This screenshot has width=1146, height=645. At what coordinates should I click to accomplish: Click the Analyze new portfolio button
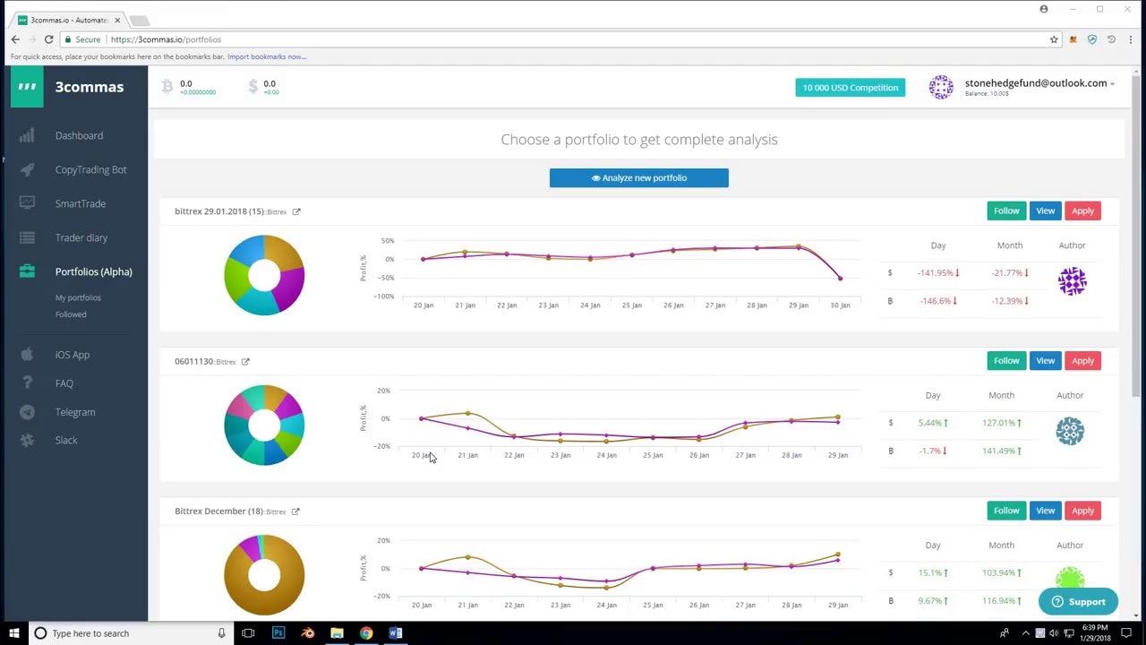638,177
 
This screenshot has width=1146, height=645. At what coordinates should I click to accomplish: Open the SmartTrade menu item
80,203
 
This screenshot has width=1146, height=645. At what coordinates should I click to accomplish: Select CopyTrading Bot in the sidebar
90,169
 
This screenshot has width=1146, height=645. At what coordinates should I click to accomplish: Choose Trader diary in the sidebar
81,237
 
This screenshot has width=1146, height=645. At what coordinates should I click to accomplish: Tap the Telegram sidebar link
74,412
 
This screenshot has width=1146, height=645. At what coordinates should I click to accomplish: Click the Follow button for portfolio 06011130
1005,360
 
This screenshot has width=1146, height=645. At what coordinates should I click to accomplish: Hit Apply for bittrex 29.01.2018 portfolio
1082,211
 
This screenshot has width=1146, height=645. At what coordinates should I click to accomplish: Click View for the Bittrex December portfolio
1045,511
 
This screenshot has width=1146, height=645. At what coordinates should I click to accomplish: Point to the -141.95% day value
935,273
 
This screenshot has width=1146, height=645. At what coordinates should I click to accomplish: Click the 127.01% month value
997,423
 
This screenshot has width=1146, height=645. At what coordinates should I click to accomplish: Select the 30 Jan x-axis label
840,305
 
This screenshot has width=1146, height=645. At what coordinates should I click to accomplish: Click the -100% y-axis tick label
384,297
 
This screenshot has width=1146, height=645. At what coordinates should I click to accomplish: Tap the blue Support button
1078,602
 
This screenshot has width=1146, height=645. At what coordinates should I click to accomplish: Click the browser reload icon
48,39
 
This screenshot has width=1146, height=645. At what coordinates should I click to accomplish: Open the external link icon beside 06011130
245,362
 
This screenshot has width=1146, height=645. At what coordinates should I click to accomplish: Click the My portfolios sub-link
78,297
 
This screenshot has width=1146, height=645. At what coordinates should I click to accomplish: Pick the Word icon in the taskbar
396,633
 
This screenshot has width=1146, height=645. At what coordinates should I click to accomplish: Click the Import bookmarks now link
266,56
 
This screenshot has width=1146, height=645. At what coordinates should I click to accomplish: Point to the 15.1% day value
930,572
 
